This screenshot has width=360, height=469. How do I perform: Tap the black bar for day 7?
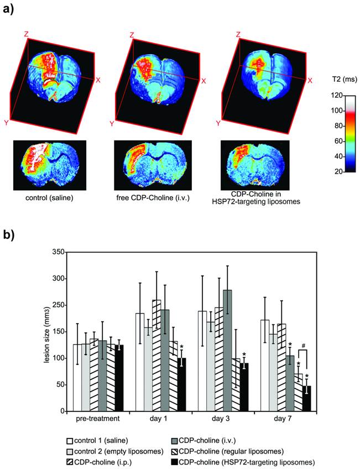(306, 398)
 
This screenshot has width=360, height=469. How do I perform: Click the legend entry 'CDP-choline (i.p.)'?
(100, 460)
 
